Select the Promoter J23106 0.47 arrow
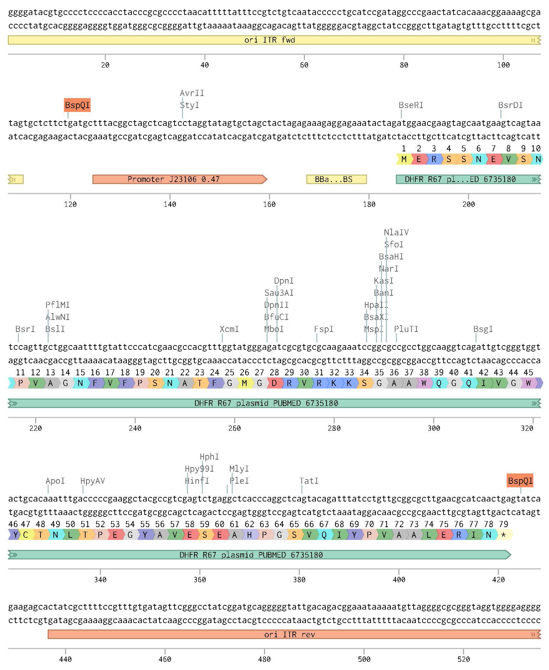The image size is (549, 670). [x=180, y=179]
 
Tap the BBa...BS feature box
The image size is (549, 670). [x=337, y=179]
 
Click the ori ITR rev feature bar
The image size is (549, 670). [x=294, y=634]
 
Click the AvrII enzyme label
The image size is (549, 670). [x=192, y=93]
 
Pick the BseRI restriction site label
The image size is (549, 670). [x=411, y=105]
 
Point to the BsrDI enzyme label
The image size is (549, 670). [x=510, y=105]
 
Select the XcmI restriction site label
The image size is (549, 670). [x=229, y=329]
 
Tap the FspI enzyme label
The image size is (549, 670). [x=324, y=329]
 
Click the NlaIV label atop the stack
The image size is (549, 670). [x=396, y=232]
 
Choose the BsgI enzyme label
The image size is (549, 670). [x=483, y=329]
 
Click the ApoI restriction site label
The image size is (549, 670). [x=55, y=481]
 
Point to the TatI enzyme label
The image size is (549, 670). [x=309, y=481]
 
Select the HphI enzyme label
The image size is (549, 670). [x=209, y=457]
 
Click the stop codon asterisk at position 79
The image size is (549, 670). [x=504, y=535]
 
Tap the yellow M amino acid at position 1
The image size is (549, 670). [x=404, y=159]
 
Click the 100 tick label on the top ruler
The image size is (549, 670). [x=503, y=65]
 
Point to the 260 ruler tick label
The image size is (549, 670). [x=235, y=428]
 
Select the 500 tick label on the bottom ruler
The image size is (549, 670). [x=364, y=659]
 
